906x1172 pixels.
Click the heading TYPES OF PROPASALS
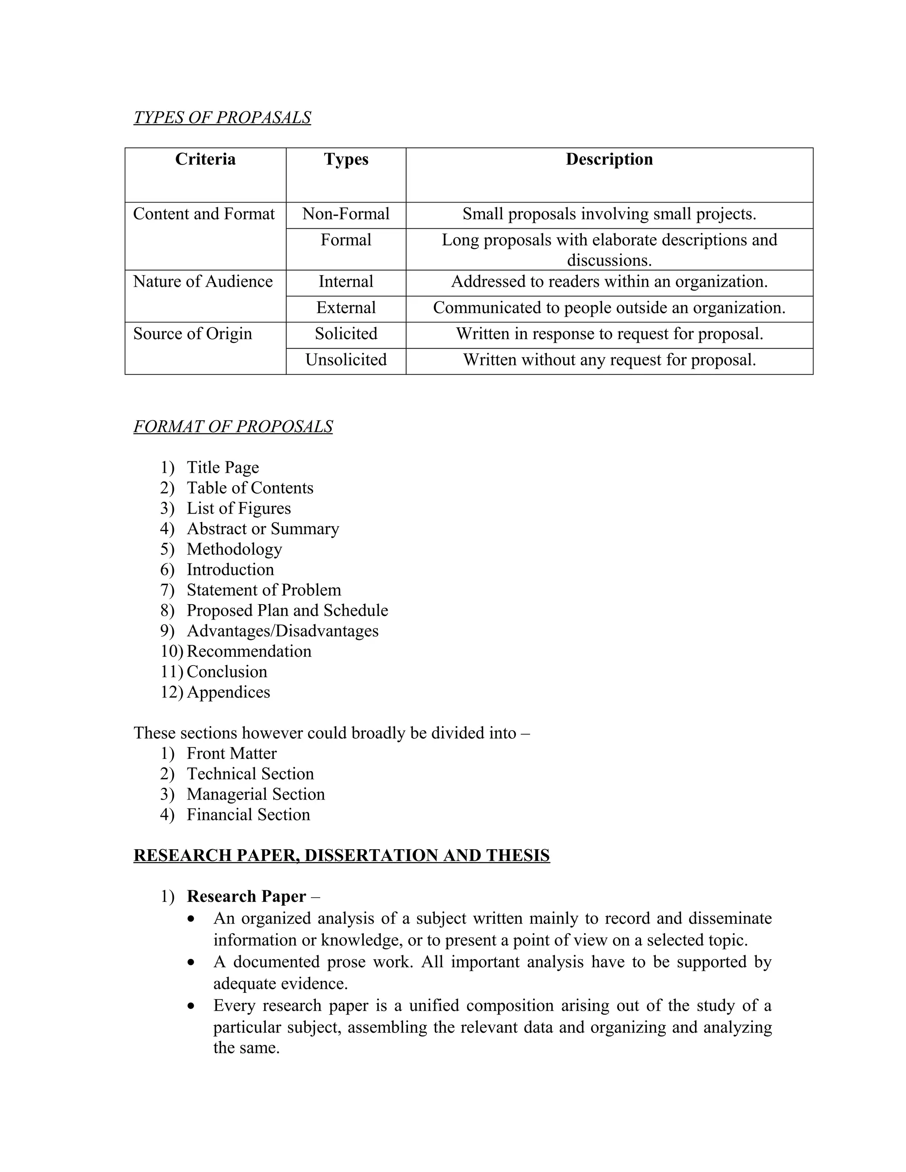click(222, 118)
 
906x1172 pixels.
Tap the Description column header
click(609, 159)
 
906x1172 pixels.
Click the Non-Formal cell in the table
click(346, 214)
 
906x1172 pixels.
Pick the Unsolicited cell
click(346, 360)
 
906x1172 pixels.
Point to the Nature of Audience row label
click(203, 282)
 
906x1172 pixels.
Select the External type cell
click(346, 308)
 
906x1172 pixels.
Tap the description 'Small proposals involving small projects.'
click(609, 214)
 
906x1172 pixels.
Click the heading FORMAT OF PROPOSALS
click(233, 427)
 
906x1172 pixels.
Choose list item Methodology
click(234, 549)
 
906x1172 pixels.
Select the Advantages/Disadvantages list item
click(282, 631)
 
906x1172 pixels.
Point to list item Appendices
click(228, 692)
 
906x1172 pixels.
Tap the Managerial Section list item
click(256, 794)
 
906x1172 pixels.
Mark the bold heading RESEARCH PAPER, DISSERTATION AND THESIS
click(342, 855)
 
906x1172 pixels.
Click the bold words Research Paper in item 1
click(246, 897)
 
